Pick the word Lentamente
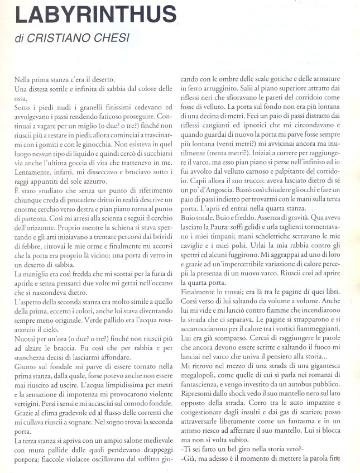[32, 171]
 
